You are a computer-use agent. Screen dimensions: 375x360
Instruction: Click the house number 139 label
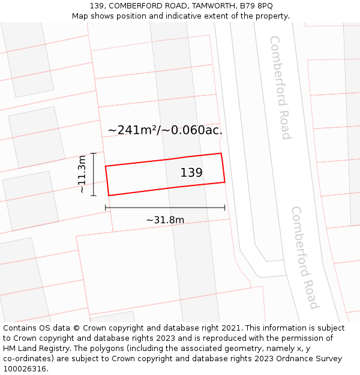coord(191,173)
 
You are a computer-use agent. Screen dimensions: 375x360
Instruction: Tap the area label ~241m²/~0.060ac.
coord(165,130)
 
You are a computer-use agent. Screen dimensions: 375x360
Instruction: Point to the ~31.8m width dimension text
coord(165,220)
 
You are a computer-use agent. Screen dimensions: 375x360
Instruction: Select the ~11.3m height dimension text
coord(82,174)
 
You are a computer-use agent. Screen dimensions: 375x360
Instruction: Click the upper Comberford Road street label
coord(280,87)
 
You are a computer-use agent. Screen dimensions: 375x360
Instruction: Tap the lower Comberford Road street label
coord(304,257)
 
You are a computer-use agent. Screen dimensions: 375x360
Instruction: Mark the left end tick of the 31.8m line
coord(106,208)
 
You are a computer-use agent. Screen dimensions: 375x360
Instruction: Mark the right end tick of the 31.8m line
coord(225,208)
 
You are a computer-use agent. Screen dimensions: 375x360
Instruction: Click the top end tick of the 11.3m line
coord(94,153)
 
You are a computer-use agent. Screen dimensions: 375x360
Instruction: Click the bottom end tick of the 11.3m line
coord(94,196)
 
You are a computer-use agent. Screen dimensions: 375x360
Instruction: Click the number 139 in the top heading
coord(97,6)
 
